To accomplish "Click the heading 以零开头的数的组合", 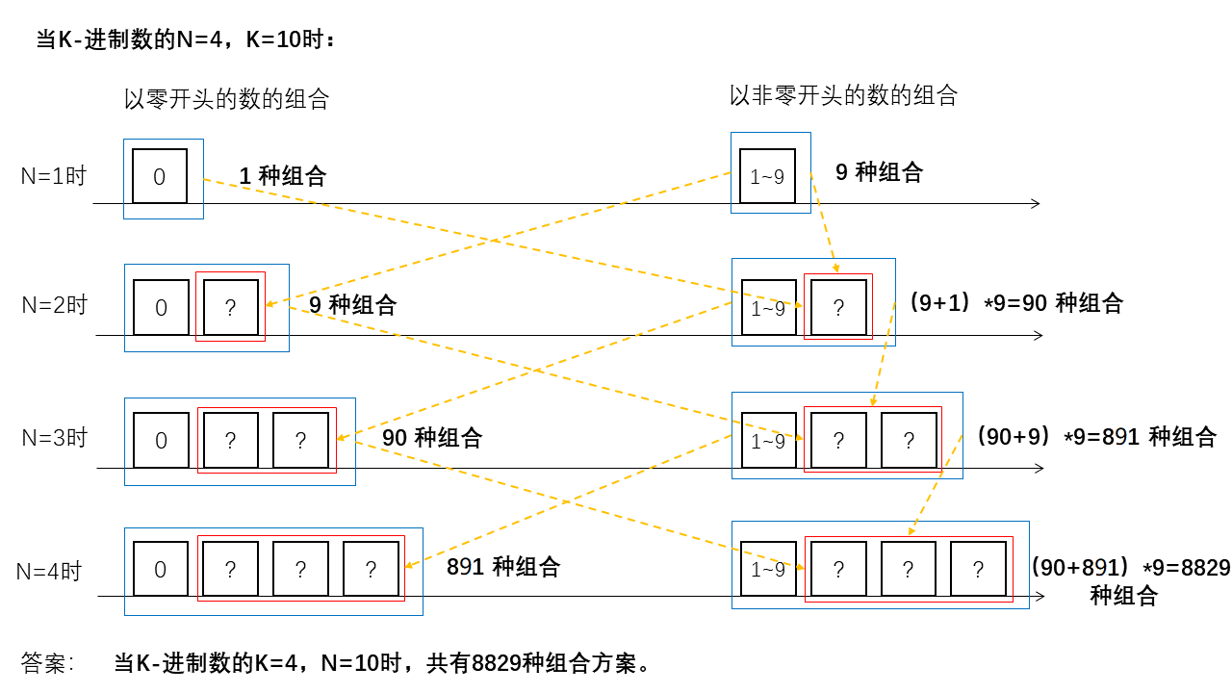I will click(x=226, y=99).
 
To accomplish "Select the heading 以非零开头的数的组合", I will click(x=843, y=95).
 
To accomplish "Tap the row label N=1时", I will click(x=54, y=176).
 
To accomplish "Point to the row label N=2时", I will click(x=55, y=306).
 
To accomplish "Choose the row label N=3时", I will click(x=55, y=438).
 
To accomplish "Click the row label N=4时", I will click(x=50, y=571).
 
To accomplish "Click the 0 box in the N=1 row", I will click(x=160, y=176).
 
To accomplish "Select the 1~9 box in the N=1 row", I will click(x=767, y=176).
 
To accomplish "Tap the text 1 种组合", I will click(x=282, y=176).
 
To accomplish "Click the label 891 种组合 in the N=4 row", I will click(x=502, y=567).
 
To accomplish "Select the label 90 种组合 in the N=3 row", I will click(x=431, y=438).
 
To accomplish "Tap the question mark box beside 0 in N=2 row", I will click(x=231, y=307).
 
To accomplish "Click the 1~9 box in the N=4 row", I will click(x=768, y=570).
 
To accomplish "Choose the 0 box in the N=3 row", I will click(x=161, y=440).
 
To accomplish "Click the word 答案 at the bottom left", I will click(x=46, y=663).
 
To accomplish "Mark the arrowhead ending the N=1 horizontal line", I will click(x=1036, y=203).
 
